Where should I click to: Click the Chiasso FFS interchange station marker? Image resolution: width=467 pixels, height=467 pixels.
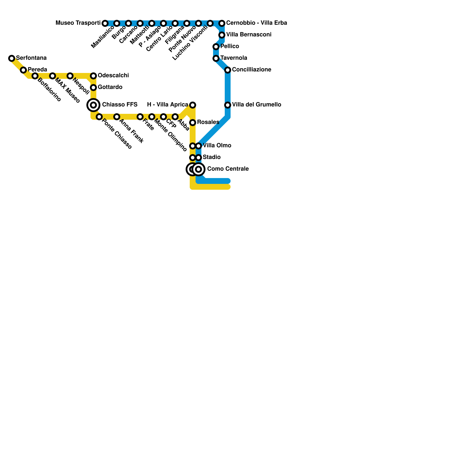click(93, 105)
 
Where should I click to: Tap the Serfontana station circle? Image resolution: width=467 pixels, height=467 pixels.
click(12, 58)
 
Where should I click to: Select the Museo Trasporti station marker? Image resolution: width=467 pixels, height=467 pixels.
click(105, 23)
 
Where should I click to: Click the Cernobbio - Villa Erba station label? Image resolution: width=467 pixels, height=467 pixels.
click(257, 23)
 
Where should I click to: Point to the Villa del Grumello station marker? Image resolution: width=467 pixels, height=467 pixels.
click(228, 105)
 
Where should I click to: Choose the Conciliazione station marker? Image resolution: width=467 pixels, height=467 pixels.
click(228, 70)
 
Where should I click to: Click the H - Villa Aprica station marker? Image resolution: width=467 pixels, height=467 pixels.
click(193, 105)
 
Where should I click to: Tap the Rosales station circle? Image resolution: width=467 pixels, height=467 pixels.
click(193, 123)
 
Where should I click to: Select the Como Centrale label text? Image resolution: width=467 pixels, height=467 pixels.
click(228, 169)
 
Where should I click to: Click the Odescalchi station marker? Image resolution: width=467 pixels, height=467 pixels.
click(93, 76)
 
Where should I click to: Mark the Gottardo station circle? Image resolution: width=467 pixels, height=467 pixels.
click(93, 88)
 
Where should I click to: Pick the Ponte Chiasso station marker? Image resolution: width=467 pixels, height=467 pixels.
click(99, 117)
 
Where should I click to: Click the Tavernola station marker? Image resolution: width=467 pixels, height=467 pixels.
click(216, 58)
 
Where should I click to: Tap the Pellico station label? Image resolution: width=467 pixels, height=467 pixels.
click(230, 46)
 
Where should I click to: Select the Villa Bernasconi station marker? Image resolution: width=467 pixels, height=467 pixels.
click(222, 35)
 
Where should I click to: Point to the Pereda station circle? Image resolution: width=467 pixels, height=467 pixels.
click(23, 70)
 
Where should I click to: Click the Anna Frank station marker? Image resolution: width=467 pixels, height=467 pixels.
click(117, 117)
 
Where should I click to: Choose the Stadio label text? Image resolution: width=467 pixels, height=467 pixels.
click(212, 157)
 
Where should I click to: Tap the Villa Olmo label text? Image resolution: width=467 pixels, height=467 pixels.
click(217, 145)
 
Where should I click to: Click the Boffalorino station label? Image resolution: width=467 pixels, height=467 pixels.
click(49, 90)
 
